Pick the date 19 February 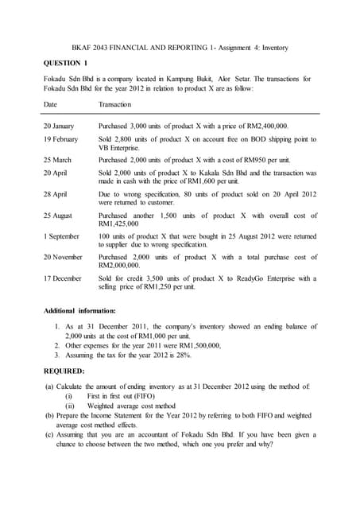click(x=60, y=139)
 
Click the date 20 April click(x=55, y=173)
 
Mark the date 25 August click(x=58, y=216)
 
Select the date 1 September click(x=61, y=236)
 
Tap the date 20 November click(x=63, y=257)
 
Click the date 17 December click(x=62, y=278)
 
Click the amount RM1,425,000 click(x=124, y=225)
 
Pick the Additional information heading click(x=79, y=310)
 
